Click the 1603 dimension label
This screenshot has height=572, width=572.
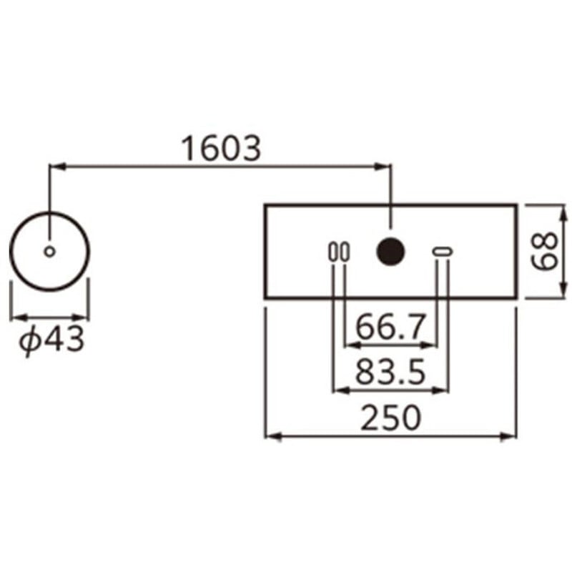221,149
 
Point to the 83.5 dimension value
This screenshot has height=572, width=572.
390,373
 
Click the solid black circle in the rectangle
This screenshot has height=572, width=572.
391,251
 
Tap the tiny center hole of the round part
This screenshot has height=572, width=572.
49,251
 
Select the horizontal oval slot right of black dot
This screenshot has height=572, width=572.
442,251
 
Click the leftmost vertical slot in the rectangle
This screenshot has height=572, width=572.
333,252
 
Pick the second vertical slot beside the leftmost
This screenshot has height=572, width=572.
345,252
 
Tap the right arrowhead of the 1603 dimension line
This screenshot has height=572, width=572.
385,167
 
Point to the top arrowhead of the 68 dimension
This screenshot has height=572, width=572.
563,209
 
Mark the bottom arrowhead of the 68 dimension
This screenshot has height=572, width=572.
563,293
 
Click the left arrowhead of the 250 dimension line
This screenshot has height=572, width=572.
271,435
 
